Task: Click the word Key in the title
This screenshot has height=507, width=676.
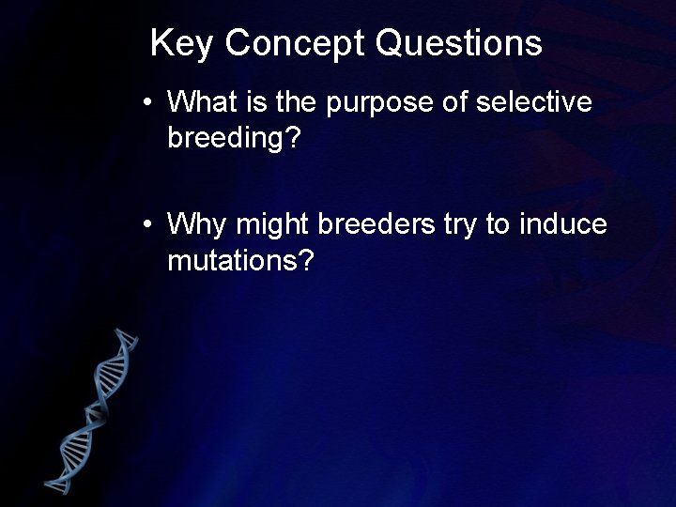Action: pyautogui.click(x=182, y=43)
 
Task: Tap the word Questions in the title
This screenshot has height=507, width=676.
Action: pyautogui.click(x=459, y=43)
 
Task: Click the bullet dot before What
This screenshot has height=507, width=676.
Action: pyautogui.click(x=148, y=102)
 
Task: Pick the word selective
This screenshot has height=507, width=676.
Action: pyautogui.click(x=533, y=101)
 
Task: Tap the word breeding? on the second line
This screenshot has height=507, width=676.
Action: pyautogui.click(x=234, y=137)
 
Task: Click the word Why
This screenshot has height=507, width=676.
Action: pyautogui.click(x=197, y=224)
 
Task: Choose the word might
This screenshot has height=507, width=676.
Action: pyautogui.click(x=274, y=224)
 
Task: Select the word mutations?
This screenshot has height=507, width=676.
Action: pyautogui.click(x=239, y=260)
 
